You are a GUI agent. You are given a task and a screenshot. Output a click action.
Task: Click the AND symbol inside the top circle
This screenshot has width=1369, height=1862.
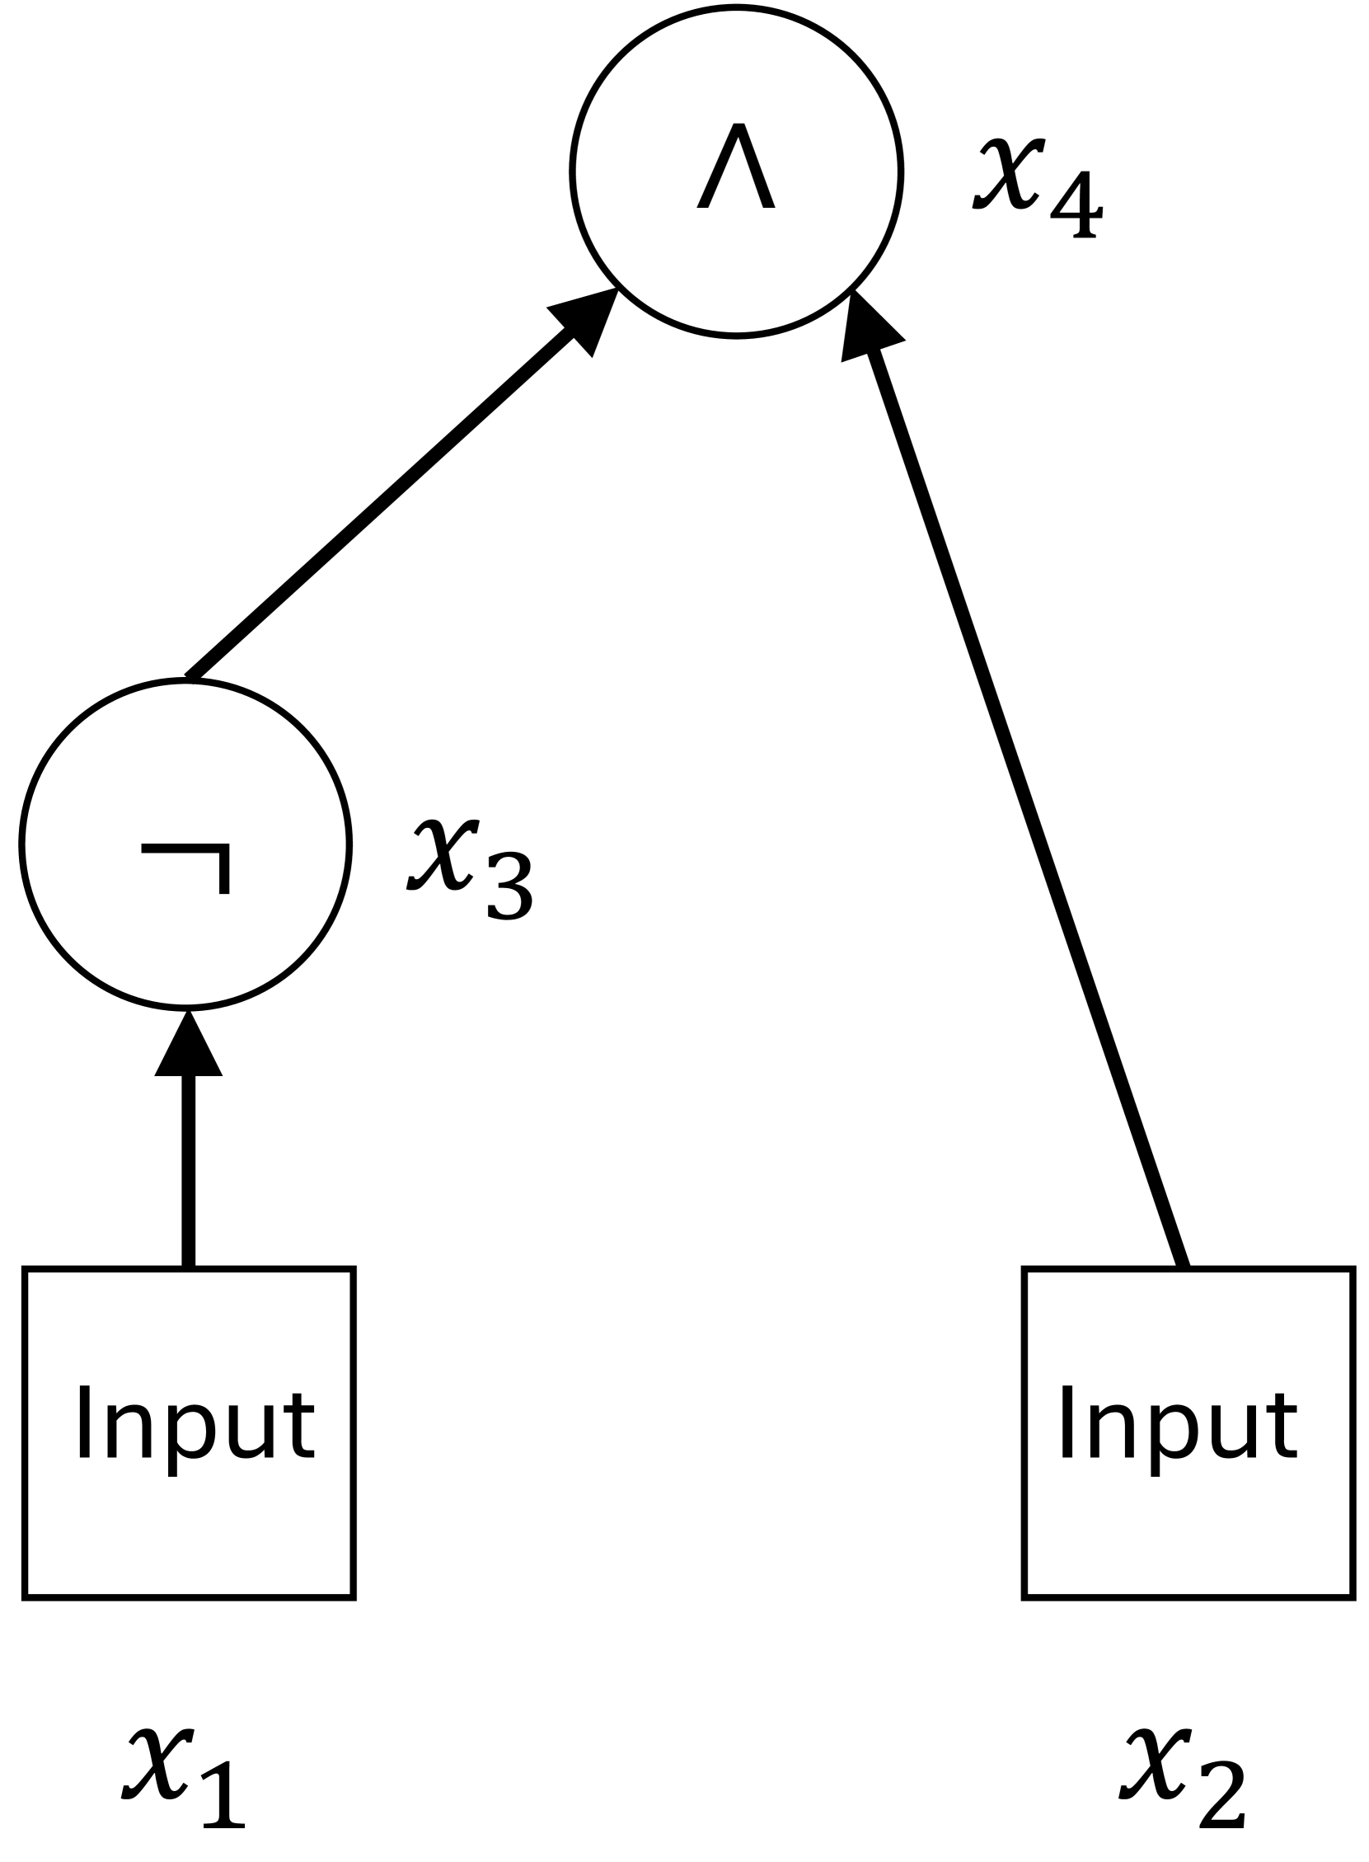[736, 167]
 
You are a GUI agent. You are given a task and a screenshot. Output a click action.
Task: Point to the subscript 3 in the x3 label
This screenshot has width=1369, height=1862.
[509, 886]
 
